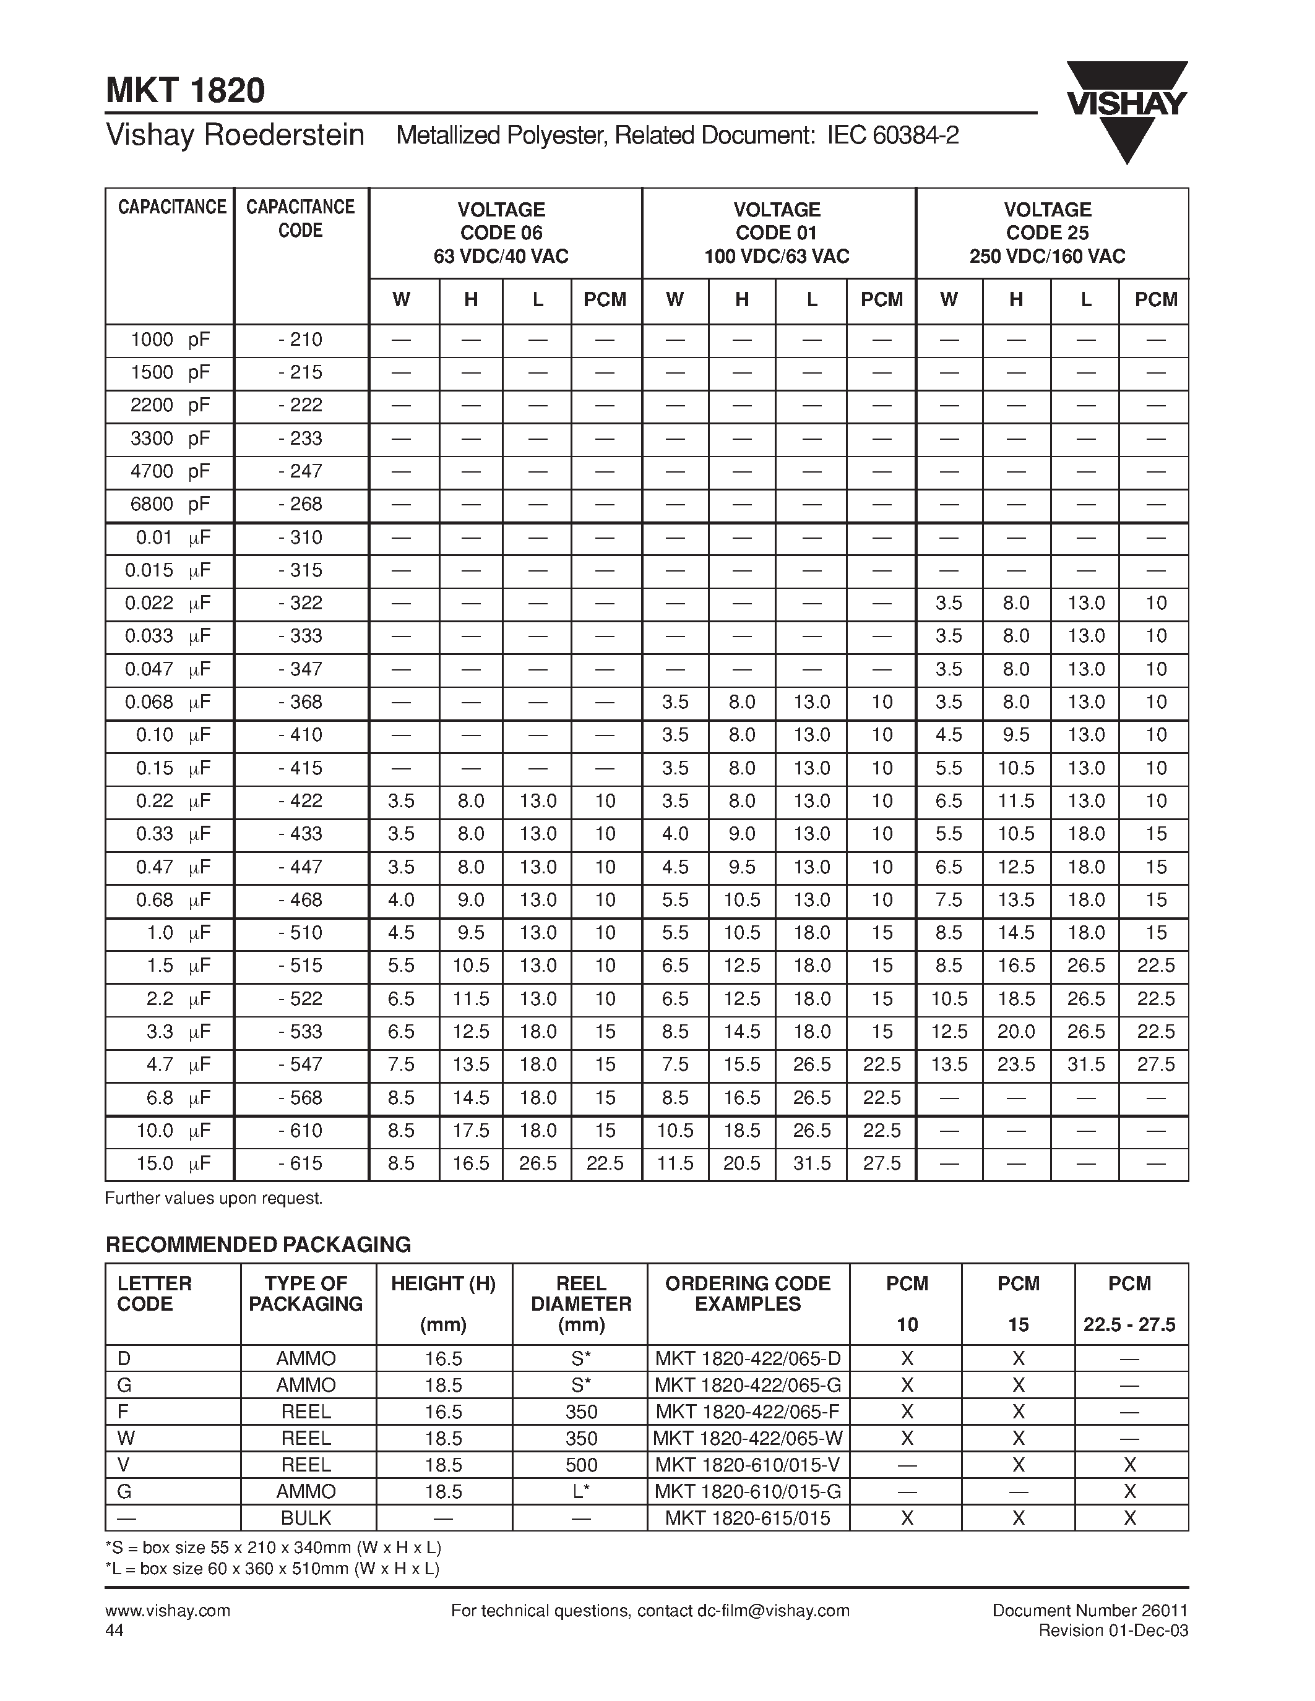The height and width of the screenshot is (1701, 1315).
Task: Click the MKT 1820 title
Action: pos(186,90)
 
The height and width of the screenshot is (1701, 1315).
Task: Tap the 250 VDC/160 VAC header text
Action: pos(1047,256)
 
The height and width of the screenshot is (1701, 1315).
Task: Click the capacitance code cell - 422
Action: pos(300,800)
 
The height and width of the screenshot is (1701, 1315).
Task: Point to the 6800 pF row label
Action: pos(170,504)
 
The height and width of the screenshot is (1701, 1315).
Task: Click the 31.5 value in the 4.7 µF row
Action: pos(1085,1065)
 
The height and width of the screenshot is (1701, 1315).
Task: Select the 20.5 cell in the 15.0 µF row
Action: pos(741,1163)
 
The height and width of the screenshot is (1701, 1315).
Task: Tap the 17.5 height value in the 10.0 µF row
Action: pos(470,1131)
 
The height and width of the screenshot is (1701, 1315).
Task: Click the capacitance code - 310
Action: pos(300,538)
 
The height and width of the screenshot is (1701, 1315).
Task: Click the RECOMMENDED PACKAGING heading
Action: pos(258,1245)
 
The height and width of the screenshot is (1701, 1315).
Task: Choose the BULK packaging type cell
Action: pos(306,1518)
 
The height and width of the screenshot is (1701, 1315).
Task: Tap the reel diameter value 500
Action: pos(581,1465)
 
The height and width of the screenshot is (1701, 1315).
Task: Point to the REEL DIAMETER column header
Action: pos(581,1304)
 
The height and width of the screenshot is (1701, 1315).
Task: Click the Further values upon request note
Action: pos(213,1199)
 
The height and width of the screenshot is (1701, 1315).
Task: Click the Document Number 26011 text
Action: pos(1090,1611)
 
